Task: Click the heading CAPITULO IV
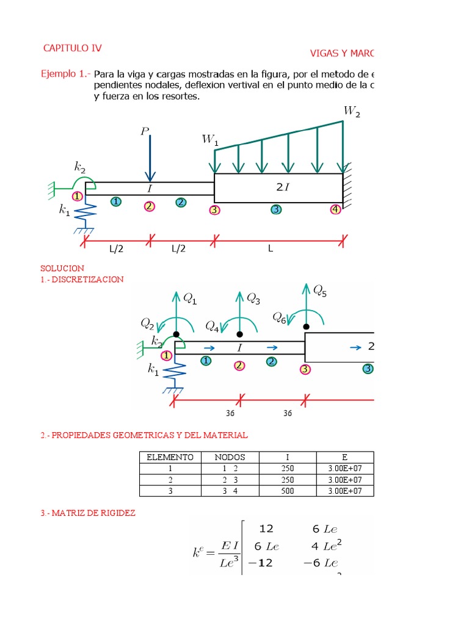coord(73,48)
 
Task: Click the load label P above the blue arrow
coord(145,132)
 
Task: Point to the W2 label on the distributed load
coord(351,111)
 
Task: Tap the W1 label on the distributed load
coord(209,140)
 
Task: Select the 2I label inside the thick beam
coord(283,187)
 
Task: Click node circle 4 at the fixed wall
coord(335,209)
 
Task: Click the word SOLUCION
coord(62,268)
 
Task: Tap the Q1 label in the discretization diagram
coord(191,299)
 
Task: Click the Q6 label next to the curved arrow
coord(279,317)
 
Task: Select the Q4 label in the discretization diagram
coord(213,326)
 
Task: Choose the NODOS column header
coord(230,457)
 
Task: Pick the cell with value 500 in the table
coord(288,491)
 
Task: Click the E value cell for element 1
coord(345,469)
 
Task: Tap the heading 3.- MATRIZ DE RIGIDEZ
coord(88,513)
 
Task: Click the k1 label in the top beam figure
coord(64,210)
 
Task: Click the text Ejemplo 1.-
coord(65,74)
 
